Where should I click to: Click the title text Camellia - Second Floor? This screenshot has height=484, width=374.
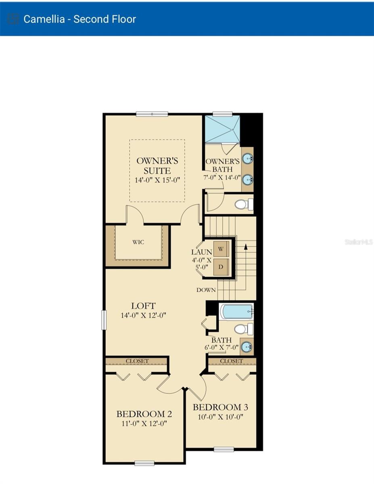pyautogui.click(x=79, y=19)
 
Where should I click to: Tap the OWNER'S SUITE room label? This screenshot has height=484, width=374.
pyautogui.click(x=157, y=165)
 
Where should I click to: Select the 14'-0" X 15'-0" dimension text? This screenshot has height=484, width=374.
pyautogui.click(x=157, y=180)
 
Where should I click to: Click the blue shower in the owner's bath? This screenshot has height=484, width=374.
pyautogui.click(x=222, y=129)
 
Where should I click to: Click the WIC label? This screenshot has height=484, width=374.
pyautogui.click(x=138, y=242)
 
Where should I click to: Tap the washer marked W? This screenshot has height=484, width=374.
pyautogui.click(x=221, y=249)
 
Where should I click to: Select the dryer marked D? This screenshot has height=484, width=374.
pyautogui.click(x=221, y=267)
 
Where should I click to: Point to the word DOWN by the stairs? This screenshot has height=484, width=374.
pyautogui.click(x=206, y=290)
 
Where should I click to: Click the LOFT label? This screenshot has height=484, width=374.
pyautogui.click(x=143, y=306)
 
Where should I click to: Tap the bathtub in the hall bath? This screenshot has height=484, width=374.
pyautogui.click(x=236, y=312)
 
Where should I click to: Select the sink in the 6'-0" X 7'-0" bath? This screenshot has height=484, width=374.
pyautogui.click(x=247, y=346)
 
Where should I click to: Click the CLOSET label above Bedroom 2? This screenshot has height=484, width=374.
pyautogui.click(x=137, y=361)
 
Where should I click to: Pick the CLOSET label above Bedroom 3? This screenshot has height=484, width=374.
pyautogui.click(x=232, y=361)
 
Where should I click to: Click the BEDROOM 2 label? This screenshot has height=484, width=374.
pyautogui.click(x=144, y=414)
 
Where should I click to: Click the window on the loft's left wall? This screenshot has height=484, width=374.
pyautogui.click(x=104, y=320)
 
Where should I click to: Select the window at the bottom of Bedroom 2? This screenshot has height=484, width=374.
pyautogui.click(x=144, y=463)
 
